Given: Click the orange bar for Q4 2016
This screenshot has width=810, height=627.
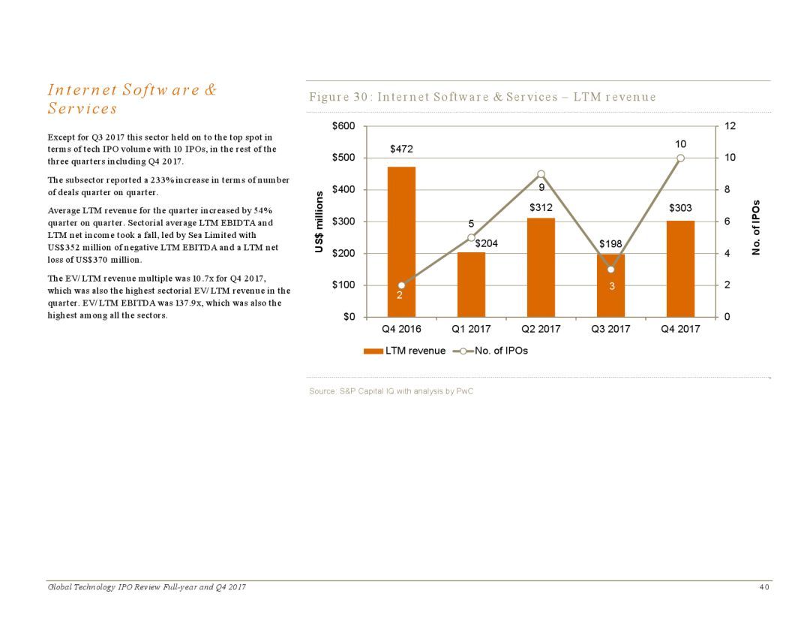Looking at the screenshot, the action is tap(401, 242).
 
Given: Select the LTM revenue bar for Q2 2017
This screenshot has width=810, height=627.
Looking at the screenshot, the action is tap(541, 267).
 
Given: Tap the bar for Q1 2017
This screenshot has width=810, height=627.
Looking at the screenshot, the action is tap(471, 285).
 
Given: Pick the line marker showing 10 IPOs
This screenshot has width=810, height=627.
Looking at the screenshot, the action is tap(680, 158).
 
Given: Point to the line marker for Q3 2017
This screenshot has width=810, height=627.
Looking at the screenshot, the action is tap(610, 270).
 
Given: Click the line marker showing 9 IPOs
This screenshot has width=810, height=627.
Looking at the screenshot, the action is tap(541, 174).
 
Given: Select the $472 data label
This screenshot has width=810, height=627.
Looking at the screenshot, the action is tap(401, 149).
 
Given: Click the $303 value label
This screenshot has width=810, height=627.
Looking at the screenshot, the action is tap(680, 208).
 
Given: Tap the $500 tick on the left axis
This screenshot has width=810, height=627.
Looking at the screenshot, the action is tap(343, 157).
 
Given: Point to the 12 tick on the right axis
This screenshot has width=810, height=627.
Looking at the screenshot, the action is tap(730, 125).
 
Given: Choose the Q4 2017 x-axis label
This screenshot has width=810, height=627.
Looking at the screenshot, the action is tap(680, 329).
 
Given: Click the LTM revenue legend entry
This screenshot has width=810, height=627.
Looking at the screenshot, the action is tap(404, 351).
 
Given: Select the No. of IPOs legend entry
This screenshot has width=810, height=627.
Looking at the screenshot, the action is tap(490, 351).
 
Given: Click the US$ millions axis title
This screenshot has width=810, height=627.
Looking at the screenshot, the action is tap(319, 222).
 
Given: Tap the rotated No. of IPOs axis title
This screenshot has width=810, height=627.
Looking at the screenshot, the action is tap(756, 227).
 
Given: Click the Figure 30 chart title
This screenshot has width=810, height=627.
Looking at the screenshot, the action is tap(482, 97).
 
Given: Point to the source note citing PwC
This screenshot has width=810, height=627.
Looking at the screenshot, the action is tap(391, 391).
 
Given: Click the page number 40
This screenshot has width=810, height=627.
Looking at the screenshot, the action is tap(764, 587).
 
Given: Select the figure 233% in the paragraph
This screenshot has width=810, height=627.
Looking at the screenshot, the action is tap(162, 180).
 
